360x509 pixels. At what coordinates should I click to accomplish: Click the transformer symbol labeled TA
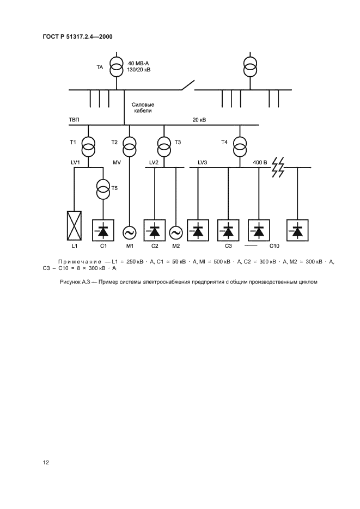[116, 66]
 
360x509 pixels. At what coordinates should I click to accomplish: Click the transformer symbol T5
[102, 190]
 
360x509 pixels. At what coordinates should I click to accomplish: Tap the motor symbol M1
[130, 232]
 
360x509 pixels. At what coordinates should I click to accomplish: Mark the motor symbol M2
[176, 232]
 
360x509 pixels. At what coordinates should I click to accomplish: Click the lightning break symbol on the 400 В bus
[278, 168]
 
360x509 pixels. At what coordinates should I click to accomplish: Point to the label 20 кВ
[199, 120]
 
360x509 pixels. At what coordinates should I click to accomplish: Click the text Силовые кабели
[143, 107]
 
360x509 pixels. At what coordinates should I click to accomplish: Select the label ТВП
[74, 120]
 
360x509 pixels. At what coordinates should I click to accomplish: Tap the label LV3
[203, 162]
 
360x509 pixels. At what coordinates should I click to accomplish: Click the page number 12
[46, 462]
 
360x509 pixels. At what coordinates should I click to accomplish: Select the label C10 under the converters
[274, 247]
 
